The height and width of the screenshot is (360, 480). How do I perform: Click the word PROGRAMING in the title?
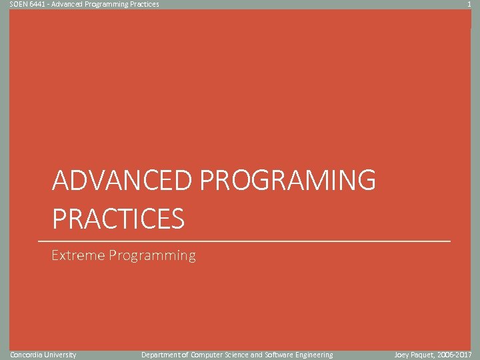point(287,181)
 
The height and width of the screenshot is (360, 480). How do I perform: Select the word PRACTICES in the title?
point(118,219)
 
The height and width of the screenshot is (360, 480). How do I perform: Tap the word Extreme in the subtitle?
point(78,255)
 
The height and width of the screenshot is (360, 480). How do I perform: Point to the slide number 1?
point(469,4)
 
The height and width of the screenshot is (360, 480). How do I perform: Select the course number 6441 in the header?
point(39,4)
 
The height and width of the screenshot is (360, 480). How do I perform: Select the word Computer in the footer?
point(208,355)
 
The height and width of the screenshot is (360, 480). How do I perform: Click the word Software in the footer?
point(280,355)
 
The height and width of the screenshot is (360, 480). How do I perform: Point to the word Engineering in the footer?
point(315,355)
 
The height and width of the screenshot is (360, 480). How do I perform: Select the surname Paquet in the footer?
point(424,355)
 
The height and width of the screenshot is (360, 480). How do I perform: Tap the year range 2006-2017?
point(457,355)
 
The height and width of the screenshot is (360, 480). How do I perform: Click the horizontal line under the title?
point(244,240)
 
